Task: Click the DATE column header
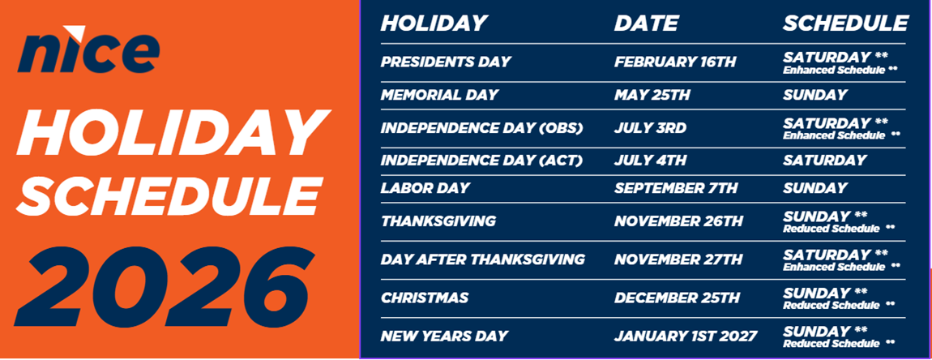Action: coord(646,24)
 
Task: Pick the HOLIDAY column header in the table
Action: coord(434,24)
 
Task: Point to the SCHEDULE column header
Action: coord(845,24)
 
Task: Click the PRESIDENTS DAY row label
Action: coord(446,62)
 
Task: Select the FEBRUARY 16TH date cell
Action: coord(676,62)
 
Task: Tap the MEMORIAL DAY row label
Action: coord(439,95)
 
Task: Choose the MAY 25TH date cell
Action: coord(652,95)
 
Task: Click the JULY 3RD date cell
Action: coord(650,128)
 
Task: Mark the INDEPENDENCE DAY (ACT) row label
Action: coord(481,161)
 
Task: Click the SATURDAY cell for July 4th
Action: coord(824,161)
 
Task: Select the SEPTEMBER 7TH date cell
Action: coord(676,188)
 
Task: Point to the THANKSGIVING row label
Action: coord(438,221)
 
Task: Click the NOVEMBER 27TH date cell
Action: coord(678,259)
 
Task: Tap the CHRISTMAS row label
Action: coord(425,298)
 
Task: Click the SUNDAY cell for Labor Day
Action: coord(814,188)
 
